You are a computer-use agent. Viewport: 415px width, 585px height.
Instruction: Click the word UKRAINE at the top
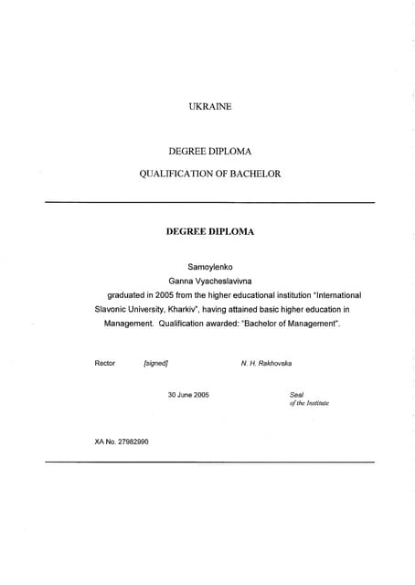[x=209, y=107]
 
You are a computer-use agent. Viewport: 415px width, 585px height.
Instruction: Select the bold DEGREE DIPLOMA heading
[x=209, y=231]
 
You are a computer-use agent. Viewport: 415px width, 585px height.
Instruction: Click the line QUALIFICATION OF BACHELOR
[x=209, y=173]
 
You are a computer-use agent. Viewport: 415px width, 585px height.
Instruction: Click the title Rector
[x=105, y=363]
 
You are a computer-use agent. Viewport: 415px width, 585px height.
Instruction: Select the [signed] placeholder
[x=155, y=363]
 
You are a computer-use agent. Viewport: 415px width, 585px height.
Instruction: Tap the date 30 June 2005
[x=188, y=394]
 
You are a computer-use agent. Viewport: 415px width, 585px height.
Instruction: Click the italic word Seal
[x=295, y=394]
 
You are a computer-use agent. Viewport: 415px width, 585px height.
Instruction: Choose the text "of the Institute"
[x=309, y=403]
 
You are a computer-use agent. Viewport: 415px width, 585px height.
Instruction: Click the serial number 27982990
[x=133, y=441]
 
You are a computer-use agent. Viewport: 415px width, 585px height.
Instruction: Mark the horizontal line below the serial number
[x=209, y=463]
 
